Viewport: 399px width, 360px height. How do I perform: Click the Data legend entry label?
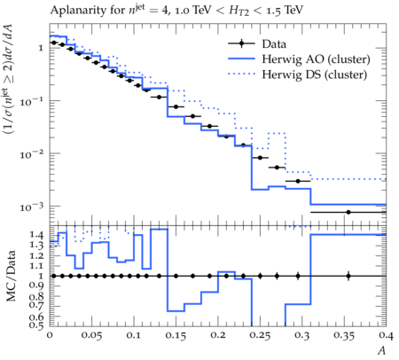274,44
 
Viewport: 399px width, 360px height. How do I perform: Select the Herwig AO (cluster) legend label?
316,59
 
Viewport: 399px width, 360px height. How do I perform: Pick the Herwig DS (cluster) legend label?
315,74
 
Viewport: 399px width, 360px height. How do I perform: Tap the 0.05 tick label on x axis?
92,335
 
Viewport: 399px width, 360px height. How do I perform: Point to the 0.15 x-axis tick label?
176,335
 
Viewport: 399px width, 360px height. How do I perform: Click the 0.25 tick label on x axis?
260,335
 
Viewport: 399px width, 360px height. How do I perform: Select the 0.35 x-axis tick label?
344,335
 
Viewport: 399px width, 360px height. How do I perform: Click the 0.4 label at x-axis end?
387,335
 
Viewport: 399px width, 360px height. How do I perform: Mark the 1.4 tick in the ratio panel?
36,235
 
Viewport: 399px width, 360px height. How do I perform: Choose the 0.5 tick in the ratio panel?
36,325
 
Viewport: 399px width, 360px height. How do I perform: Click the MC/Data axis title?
11,276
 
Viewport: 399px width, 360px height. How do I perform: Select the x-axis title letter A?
382,350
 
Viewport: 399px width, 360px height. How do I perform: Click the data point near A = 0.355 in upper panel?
348,212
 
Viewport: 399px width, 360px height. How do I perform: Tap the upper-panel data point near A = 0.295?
298,181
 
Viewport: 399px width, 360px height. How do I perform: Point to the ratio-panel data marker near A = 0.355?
348,276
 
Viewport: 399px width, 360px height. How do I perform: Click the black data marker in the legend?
241,43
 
